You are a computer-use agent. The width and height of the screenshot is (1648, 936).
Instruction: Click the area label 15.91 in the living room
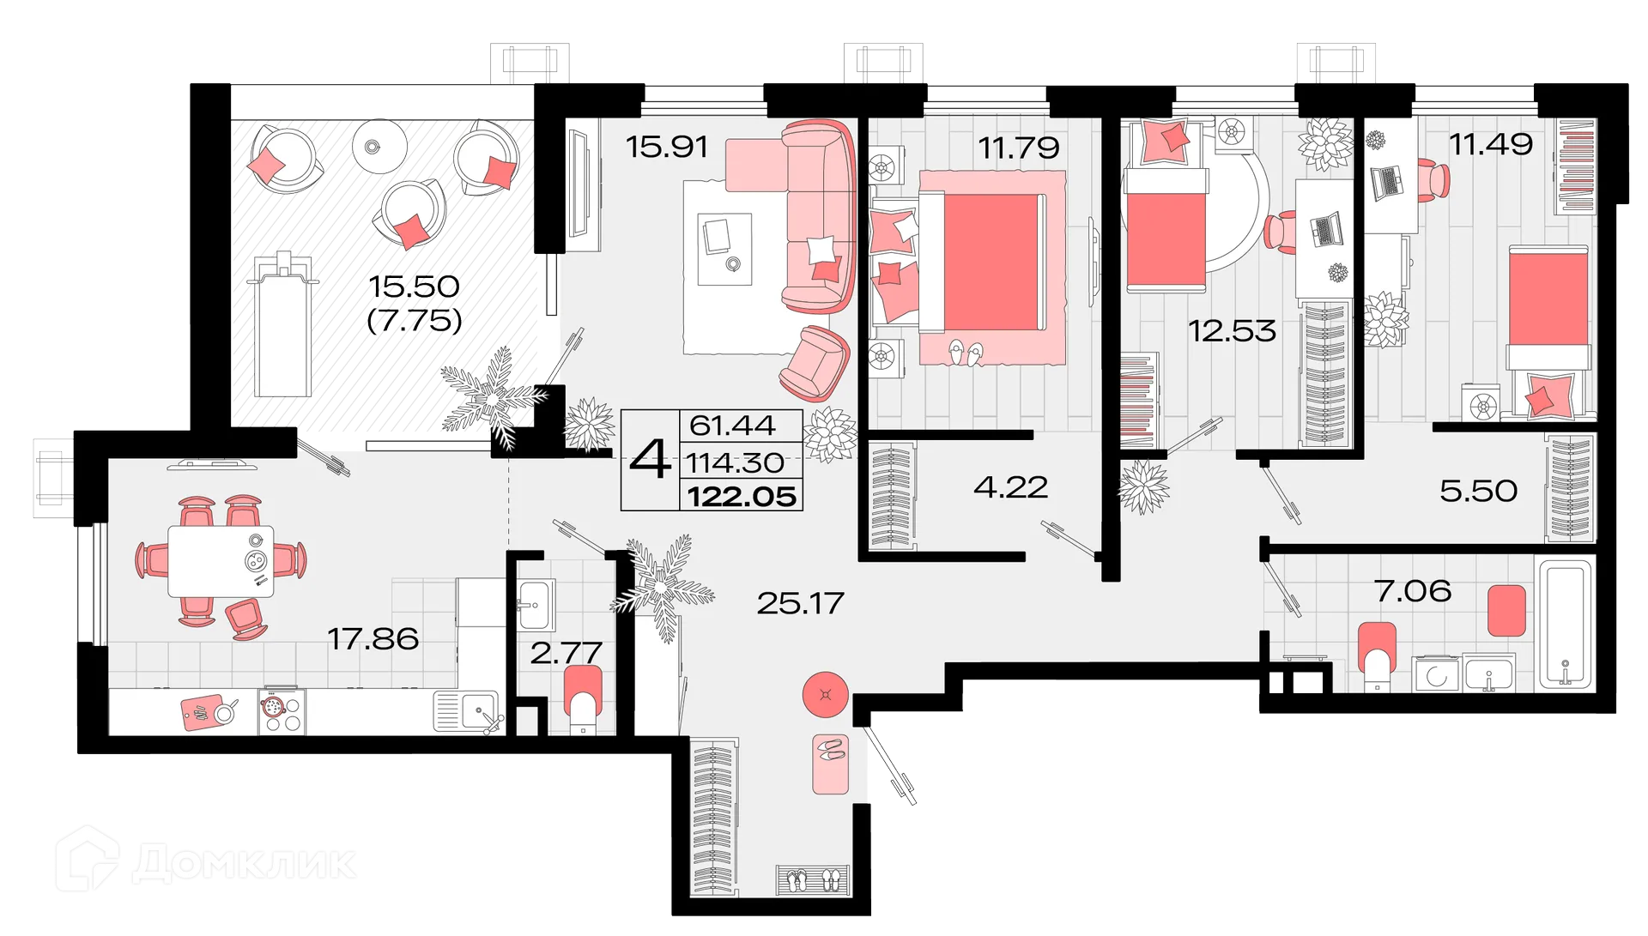click(x=667, y=147)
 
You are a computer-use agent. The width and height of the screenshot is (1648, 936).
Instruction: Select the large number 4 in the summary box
click(x=650, y=462)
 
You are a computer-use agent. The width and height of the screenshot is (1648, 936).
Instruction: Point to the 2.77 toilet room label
click(x=566, y=653)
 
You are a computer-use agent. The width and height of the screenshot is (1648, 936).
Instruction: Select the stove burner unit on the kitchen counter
click(x=282, y=712)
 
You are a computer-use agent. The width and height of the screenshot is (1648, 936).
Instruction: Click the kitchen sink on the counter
click(x=476, y=711)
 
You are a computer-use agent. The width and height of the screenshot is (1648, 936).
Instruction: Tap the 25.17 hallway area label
click(x=800, y=603)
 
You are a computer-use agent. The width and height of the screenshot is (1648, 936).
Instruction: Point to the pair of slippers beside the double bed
click(x=967, y=352)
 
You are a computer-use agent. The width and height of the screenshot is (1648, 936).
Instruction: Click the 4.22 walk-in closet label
click(x=1010, y=487)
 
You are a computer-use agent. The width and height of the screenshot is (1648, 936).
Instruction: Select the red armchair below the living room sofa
click(x=815, y=363)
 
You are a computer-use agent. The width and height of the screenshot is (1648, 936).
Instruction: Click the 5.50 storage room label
click(x=1478, y=491)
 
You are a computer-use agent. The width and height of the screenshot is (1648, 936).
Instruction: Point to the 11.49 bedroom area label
click(x=1491, y=143)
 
